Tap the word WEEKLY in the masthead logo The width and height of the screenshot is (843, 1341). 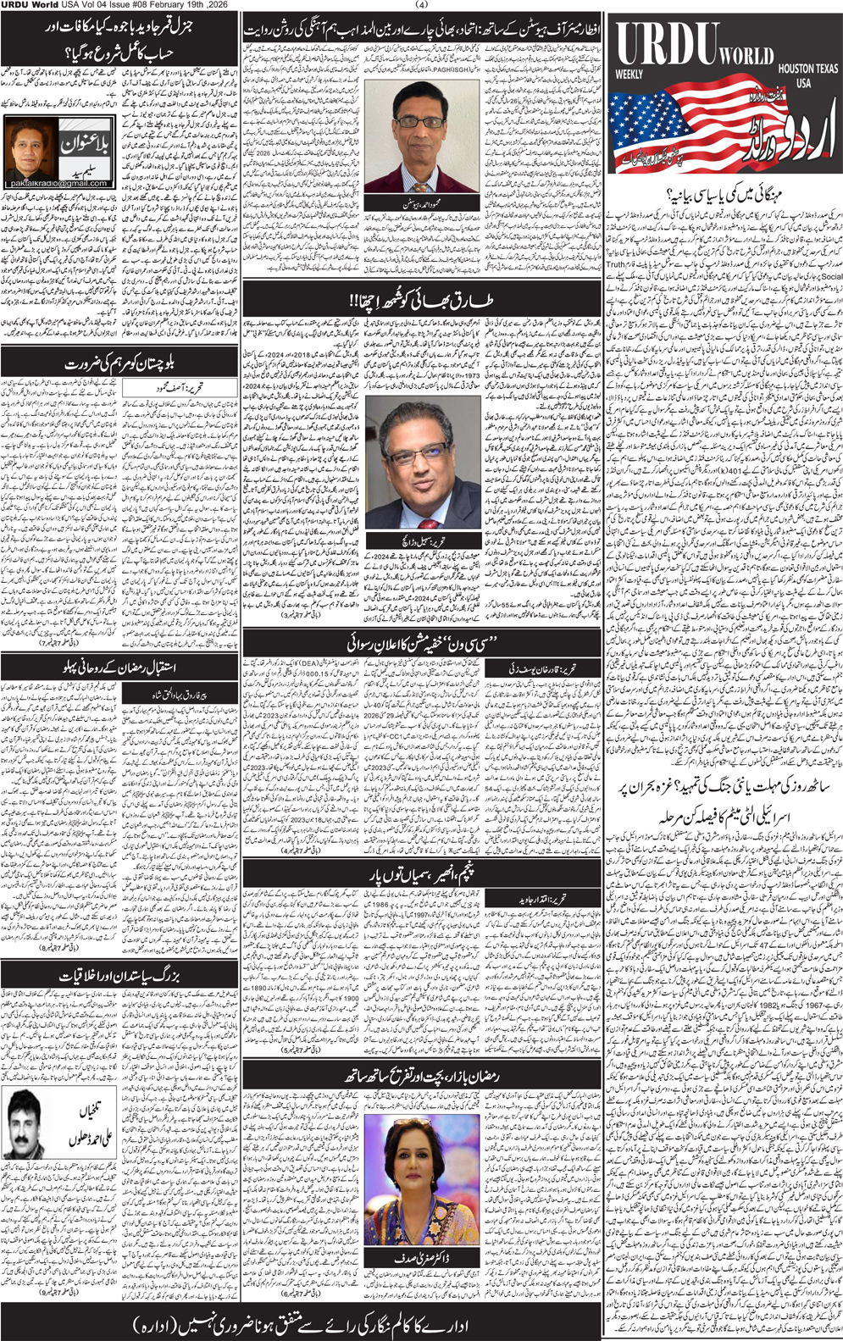point(629,75)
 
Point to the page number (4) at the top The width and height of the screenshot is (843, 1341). point(423,5)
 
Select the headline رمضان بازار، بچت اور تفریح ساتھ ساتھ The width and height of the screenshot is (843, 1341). point(421,1076)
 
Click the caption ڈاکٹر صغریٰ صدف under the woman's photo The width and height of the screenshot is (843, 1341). point(423,1258)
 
